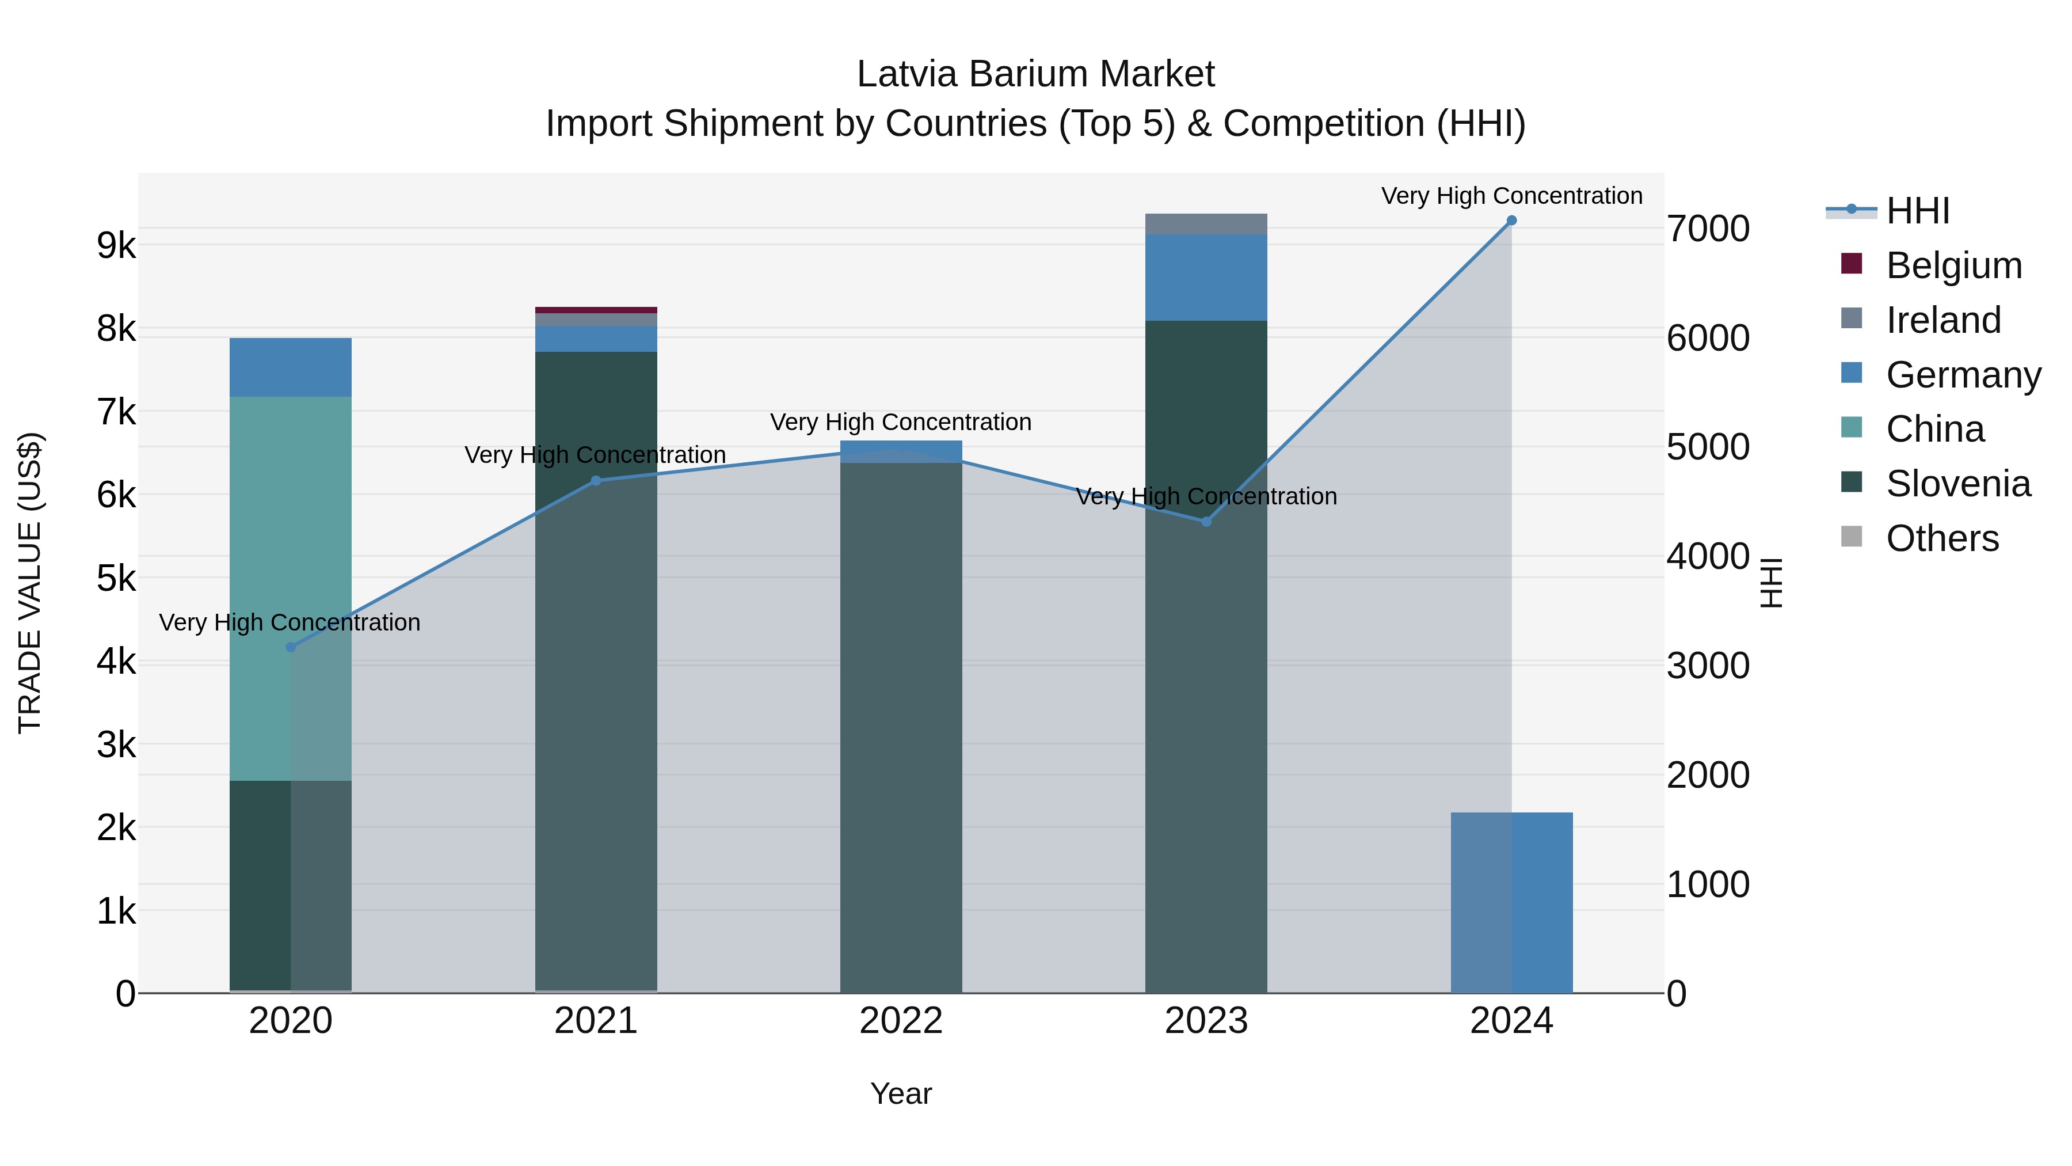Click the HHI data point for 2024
(x=1511, y=221)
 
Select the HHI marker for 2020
(x=291, y=647)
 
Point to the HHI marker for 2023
(x=1206, y=522)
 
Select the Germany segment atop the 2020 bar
(x=291, y=367)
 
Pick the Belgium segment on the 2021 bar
(x=596, y=310)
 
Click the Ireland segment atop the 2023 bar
(x=1206, y=224)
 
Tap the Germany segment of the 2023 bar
(x=1206, y=278)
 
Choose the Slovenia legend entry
(x=1958, y=484)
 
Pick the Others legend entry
(x=1942, y=538)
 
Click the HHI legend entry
(x=1918, y=211)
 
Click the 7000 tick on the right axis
(x=1708, y=229)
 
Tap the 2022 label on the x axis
(x=901, y=1021)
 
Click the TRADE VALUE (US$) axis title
(x=31, y=583)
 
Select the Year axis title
(x=901, y=1093)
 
